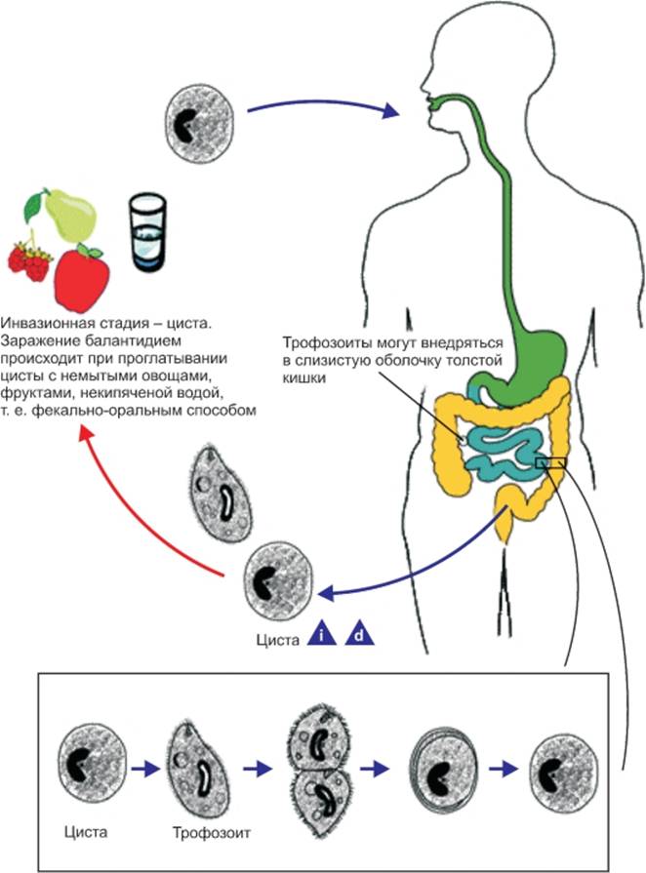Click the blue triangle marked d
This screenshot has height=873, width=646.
point(359,635)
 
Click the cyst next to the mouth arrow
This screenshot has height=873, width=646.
point(199,123)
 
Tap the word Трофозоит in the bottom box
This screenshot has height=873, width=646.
point(211,833)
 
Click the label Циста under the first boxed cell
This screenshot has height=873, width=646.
point(86,832)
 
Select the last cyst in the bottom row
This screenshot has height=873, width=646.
point(565,772)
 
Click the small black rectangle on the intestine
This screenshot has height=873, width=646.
point(550,462)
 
